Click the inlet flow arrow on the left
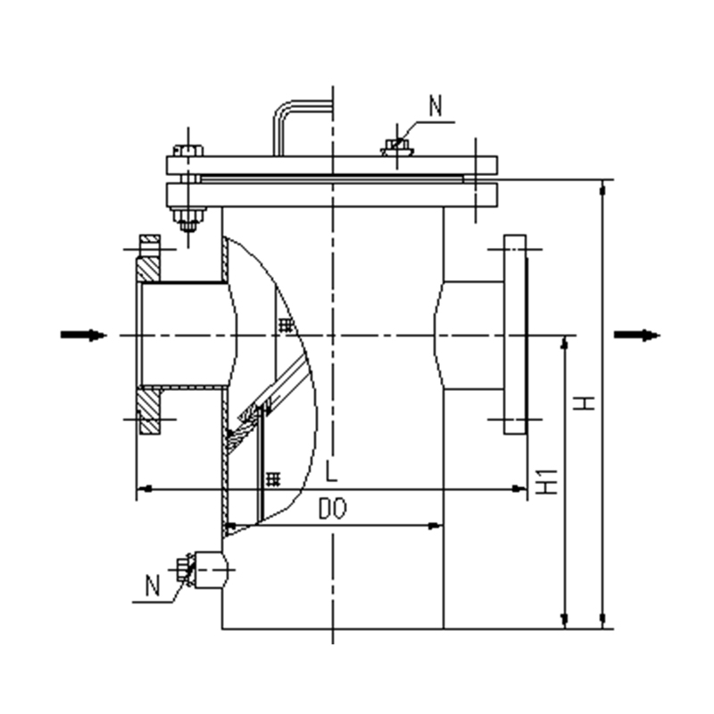[83, 336]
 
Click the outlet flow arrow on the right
[636, 336]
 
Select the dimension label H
[584, 403]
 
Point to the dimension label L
[332, 471]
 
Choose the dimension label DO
[332, 508]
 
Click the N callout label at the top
[436, 105]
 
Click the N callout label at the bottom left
[153, 585]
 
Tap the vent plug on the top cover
[397, 147]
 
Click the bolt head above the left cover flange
[188, 150]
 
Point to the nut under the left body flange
[188, 220]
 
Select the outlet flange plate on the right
[515, 335]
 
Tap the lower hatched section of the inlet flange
[150, 411]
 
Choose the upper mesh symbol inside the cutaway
[285, 325]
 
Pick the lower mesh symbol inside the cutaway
[273, 479]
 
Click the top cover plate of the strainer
[332, 165]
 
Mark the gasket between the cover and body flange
[332, 179]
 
